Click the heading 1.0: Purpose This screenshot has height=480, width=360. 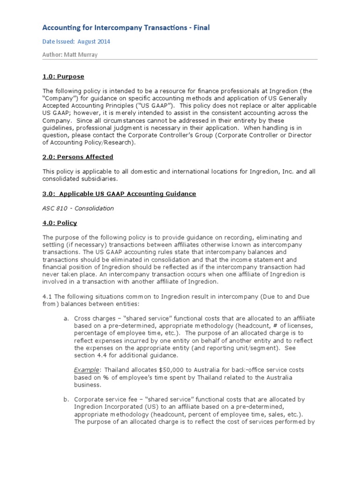pos(63,77)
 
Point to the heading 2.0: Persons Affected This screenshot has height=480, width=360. pos(78,157)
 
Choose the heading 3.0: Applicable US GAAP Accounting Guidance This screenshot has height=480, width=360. pos(119,194)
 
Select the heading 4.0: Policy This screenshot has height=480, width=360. pos(60,223)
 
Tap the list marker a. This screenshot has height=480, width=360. pos(66,318)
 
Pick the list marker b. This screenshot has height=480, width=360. pos(66,399)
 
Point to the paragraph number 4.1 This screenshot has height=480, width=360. pos(47,297)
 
